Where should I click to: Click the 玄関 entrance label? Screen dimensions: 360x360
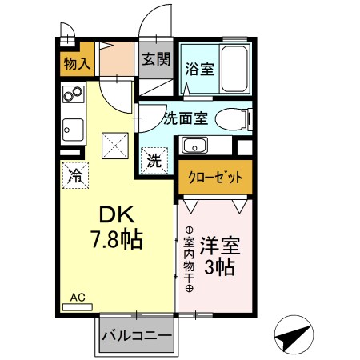tap(156, 58)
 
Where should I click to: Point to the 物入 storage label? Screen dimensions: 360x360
tap(77, 64)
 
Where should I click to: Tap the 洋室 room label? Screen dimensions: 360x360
tap(220, 243)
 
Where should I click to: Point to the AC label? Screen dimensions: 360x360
tap(78, 298)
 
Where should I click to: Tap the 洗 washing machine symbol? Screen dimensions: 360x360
tap(154, 159)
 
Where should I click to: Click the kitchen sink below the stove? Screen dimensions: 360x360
tap(72, 127)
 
